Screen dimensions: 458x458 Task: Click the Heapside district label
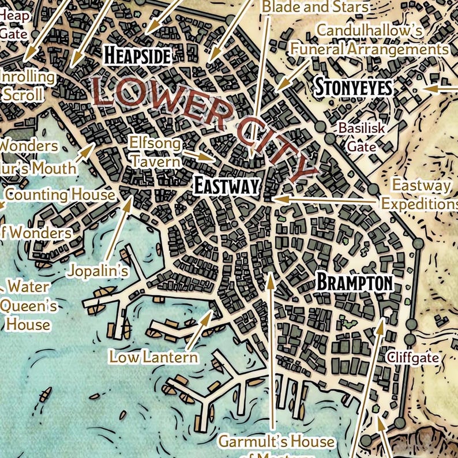coord(137,55)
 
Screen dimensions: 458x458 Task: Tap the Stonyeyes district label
coord(353,88)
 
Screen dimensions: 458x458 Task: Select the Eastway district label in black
coord(226,186)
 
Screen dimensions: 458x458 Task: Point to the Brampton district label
coord(355,283)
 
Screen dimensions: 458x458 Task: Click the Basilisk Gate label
coord(362,137)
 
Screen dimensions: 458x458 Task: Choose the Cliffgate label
coord(412,358)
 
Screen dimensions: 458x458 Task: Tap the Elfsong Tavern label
coord(155,152)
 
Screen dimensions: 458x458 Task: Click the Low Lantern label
coord(153,357)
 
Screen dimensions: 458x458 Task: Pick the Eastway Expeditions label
coord(419,195)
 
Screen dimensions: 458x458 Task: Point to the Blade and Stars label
coord(314,7)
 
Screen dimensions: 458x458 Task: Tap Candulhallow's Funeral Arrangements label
coord(369,40)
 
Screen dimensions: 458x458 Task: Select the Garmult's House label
coord(276,442)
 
